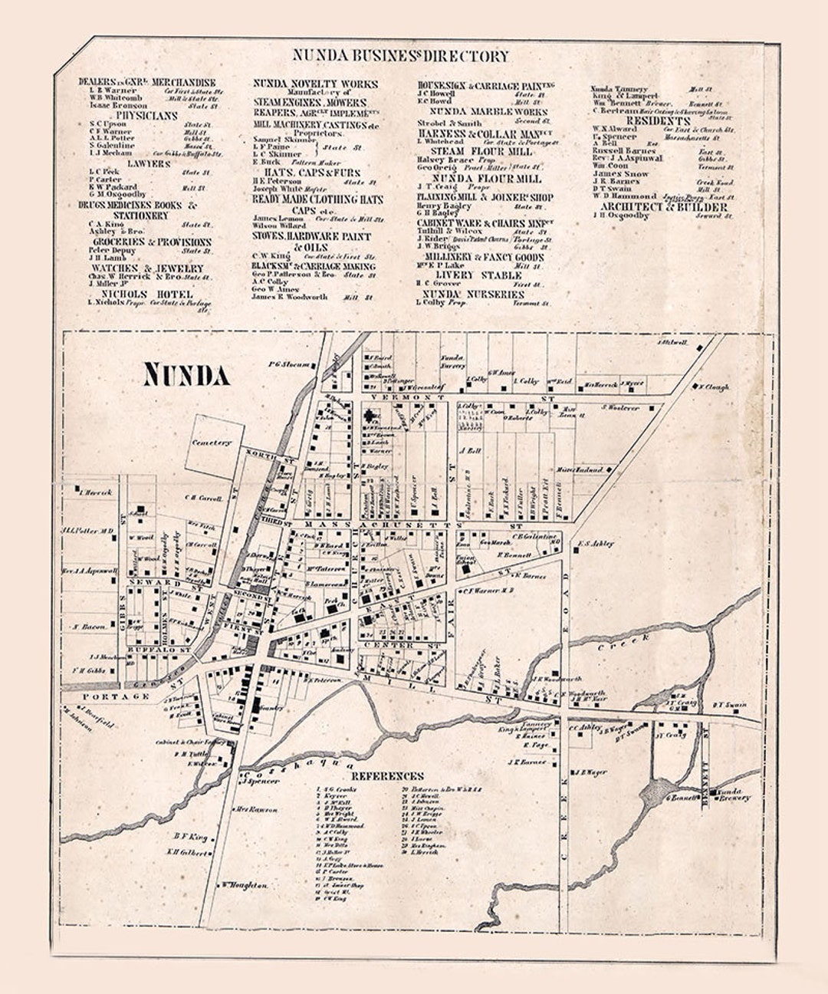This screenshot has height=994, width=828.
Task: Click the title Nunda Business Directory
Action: [x=399, y=56]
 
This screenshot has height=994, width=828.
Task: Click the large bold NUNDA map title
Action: [x=186, y=375]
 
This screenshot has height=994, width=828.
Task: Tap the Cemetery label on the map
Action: [x=212, y=443]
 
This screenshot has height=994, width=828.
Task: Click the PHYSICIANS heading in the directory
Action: [x=146, y=116]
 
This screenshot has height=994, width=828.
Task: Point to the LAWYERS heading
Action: [x=148, y=163]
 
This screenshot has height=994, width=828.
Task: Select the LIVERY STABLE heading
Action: [x=478, y=275]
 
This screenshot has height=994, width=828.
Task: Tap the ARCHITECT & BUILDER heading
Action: [x=663, y=207]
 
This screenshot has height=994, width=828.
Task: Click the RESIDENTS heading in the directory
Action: [x=659, y=120]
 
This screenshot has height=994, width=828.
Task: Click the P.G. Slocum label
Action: [x=290, y=364]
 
